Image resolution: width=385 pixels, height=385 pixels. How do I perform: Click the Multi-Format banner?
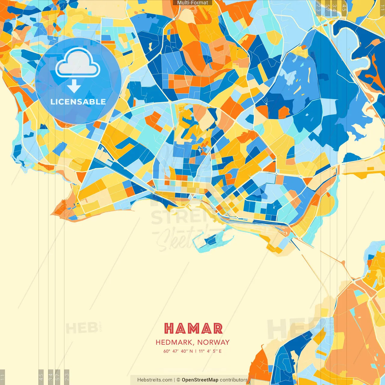192,3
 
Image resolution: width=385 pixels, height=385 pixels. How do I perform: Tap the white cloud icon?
78,63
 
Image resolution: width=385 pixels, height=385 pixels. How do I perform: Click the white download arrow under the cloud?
74,86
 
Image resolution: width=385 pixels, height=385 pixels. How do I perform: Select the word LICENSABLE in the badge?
78,102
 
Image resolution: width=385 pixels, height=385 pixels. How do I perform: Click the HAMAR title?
193,328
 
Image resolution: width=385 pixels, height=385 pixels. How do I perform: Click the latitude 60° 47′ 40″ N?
178,351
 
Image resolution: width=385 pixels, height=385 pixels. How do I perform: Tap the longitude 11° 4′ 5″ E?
210,351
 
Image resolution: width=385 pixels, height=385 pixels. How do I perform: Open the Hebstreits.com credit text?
155,380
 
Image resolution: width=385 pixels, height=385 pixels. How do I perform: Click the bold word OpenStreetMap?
200,380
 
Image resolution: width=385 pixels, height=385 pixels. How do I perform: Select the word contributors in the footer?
234,380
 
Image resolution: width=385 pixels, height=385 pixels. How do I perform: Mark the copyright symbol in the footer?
178,380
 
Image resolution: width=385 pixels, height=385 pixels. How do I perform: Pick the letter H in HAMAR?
169,328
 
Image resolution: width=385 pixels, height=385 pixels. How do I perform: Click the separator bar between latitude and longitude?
196,351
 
